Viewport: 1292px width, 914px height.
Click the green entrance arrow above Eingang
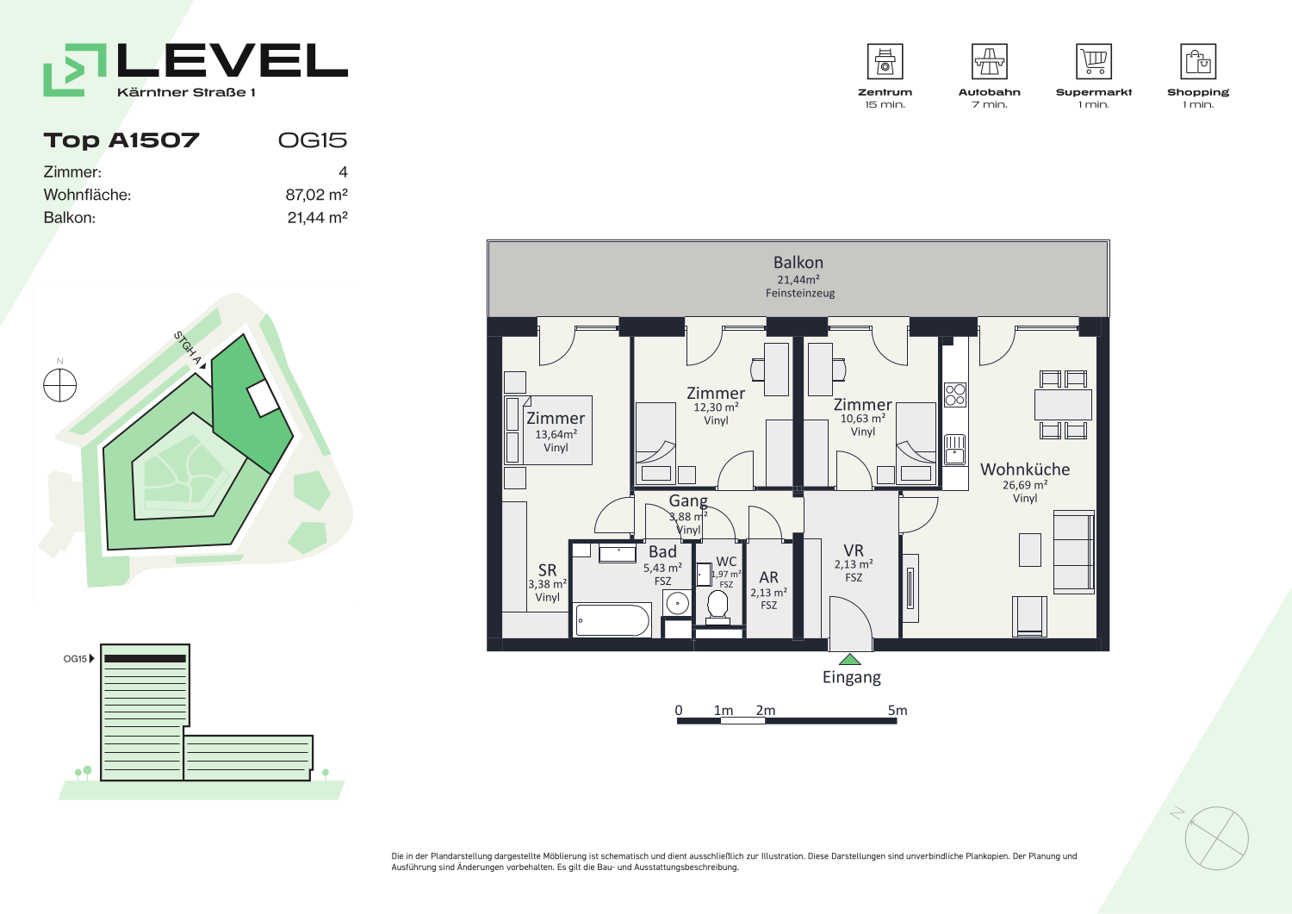[x=849, y=660]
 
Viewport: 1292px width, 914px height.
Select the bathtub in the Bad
[x=613, y=619]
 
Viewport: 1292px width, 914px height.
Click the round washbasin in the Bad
[x=677, y=604]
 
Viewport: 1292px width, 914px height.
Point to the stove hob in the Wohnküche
[x=955, y=395]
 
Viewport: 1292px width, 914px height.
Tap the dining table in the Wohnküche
[x=1063, y=405]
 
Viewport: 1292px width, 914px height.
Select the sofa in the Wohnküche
[x=1074, y=552]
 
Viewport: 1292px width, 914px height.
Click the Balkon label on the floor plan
[x=798, y=263]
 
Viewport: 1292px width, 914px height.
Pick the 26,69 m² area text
[x=1025, y=485]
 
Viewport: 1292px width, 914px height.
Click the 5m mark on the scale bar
[x=897, y=711]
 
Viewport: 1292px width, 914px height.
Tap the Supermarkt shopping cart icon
[x=1094, y=61]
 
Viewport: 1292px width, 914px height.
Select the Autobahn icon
[x=989, y=61]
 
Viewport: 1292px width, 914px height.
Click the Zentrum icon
[x=885, y=61]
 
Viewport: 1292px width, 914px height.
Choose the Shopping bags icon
[x=1198, y=61]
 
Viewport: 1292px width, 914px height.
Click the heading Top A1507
[x=121, y=140]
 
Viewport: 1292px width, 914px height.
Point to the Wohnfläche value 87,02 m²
[x=317, y=195]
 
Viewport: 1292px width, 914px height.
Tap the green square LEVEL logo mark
[x=75, y=70]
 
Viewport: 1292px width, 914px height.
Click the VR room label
[x=854, y=550]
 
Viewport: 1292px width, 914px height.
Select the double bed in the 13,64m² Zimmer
[x=549, y=431]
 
